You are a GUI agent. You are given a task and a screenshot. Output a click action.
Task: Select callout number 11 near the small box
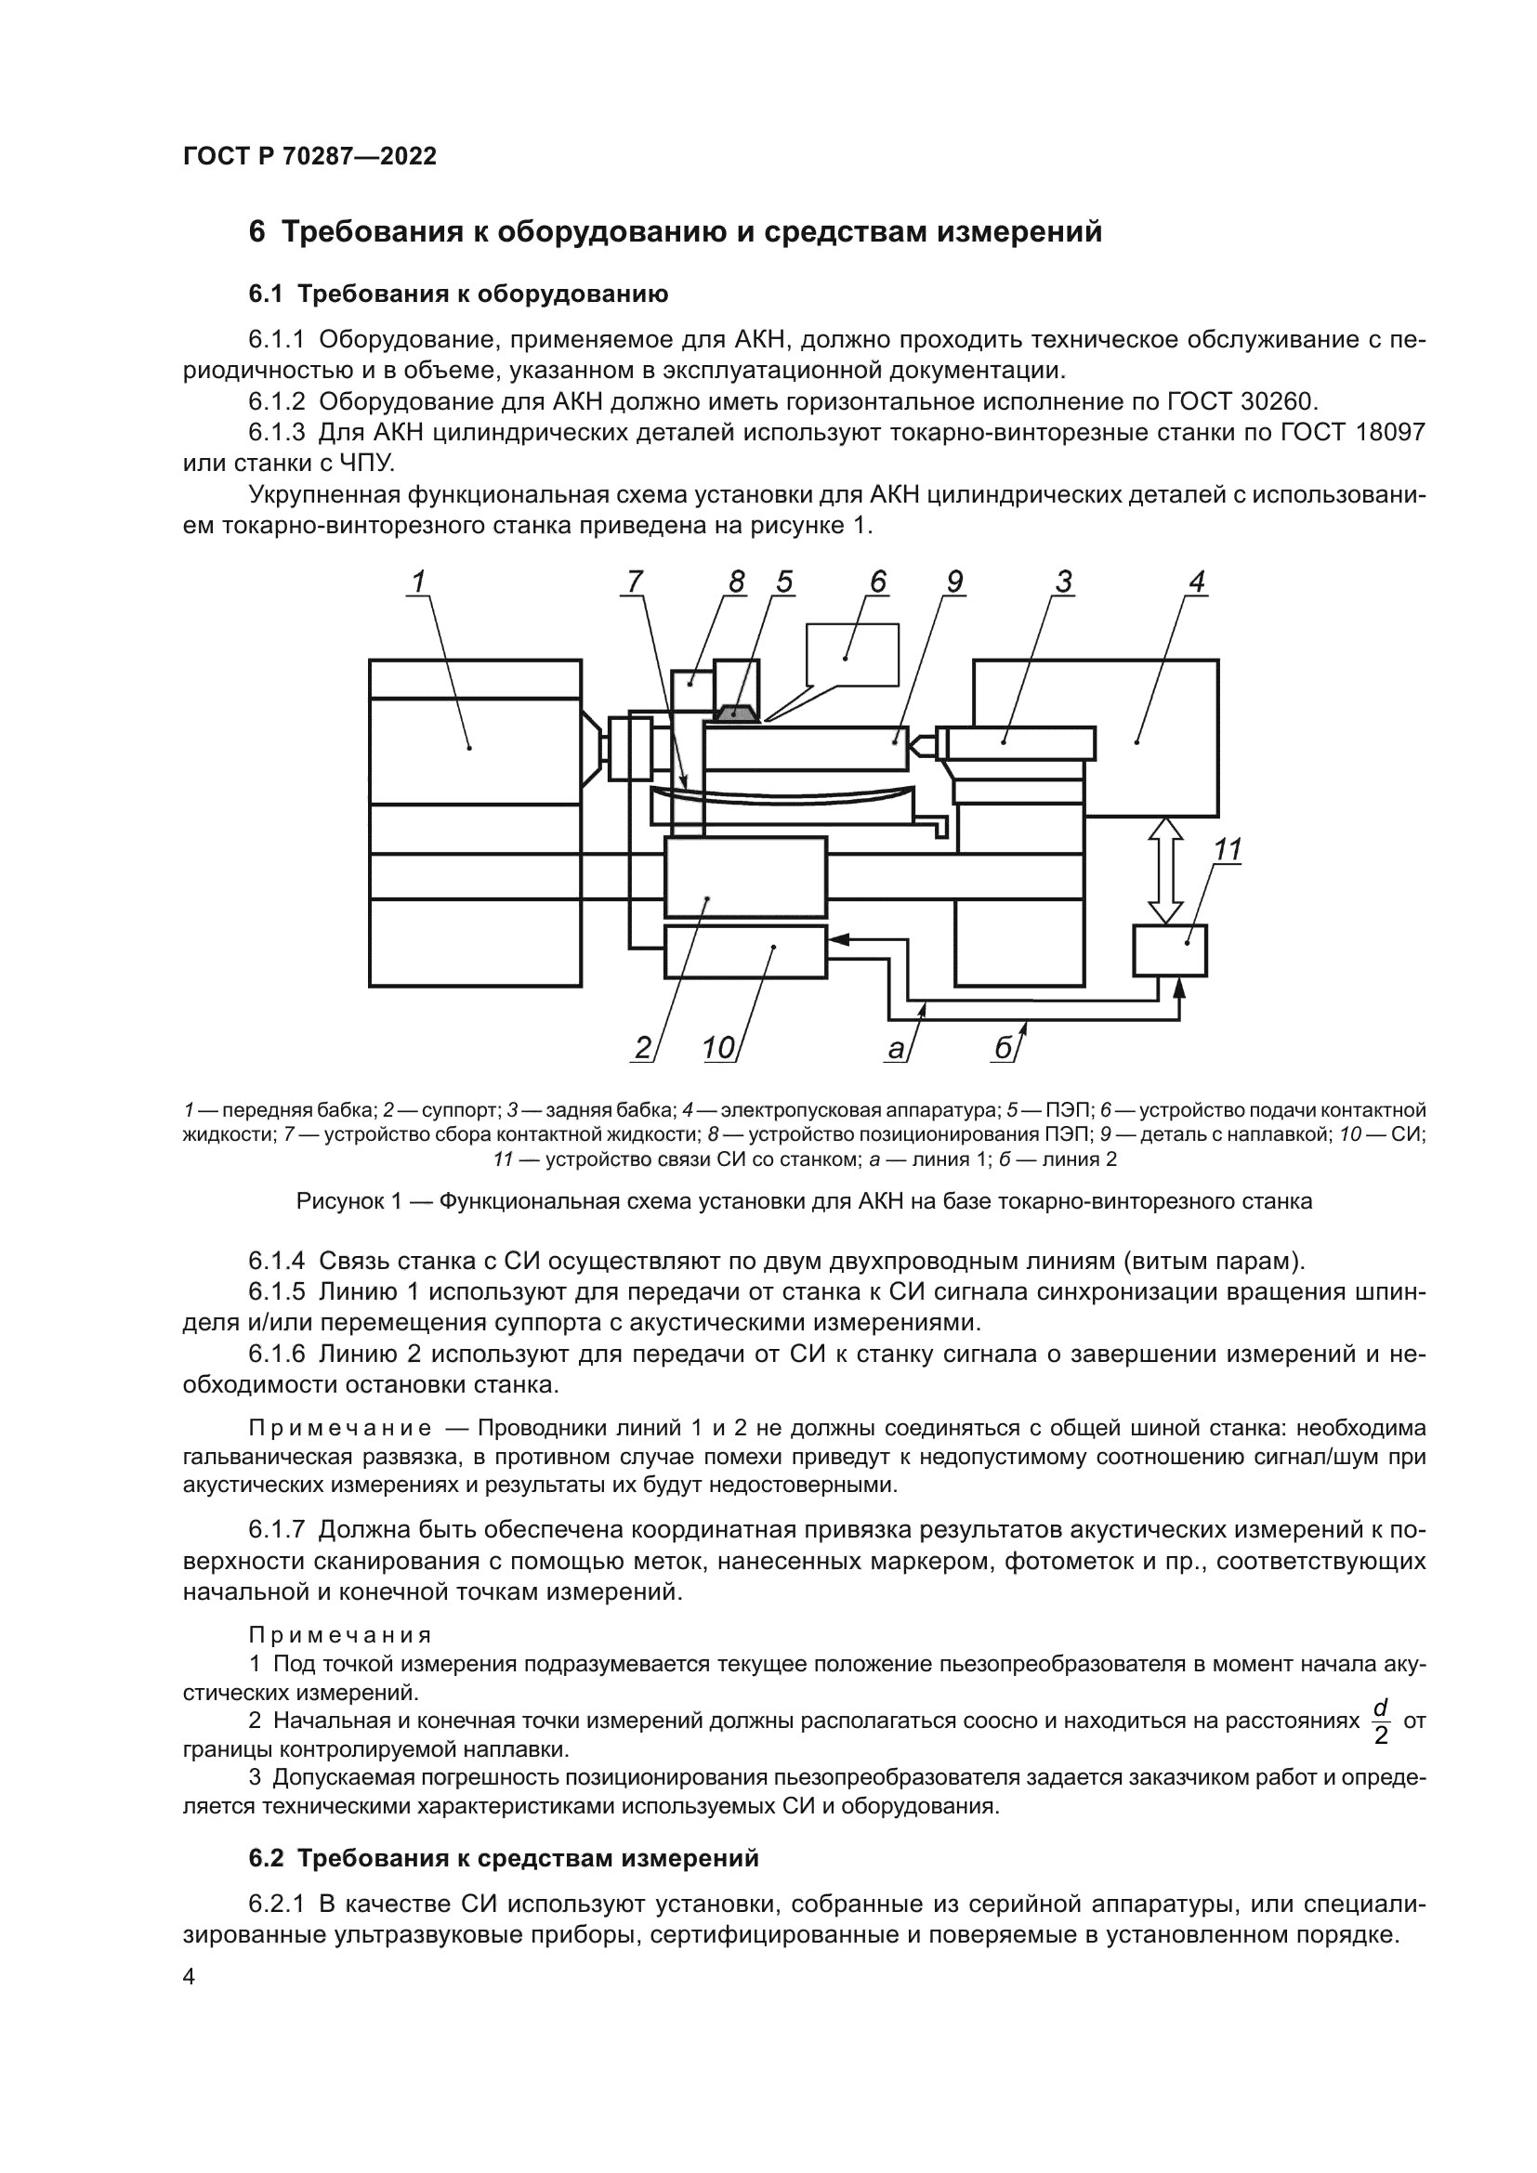1228,851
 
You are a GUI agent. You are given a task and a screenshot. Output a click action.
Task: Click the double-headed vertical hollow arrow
1166,871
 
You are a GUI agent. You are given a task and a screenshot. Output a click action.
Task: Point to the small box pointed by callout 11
1170,950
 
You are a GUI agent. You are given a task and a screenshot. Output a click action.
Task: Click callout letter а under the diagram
895,1049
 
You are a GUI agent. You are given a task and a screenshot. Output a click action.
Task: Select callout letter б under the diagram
1005,1049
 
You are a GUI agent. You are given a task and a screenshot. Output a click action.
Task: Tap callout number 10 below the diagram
719,1049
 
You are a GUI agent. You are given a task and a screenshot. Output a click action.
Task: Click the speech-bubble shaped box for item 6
852,654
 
